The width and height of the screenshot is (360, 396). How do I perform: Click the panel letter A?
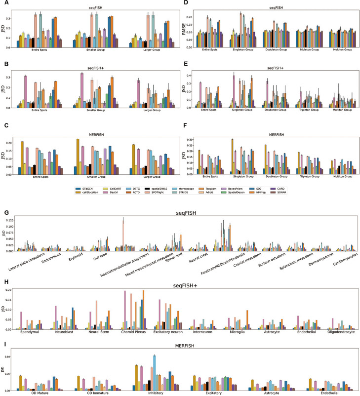pos(4,3)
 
